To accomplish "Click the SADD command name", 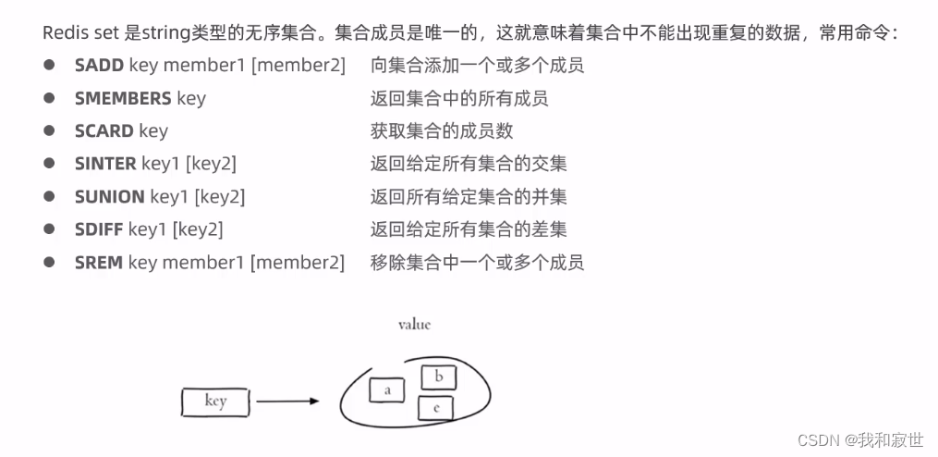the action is click(x=99, y=66).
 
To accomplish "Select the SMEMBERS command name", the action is click(x=123, y=98).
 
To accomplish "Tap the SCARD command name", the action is click(x=104, y=131).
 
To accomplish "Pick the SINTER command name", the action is click(x=105, y=164).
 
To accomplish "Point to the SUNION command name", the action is click(x=109, y=197).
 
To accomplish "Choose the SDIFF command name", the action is click(x=99, y=229).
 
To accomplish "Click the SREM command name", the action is click(x=99, y=263).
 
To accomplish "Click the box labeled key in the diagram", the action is click(x=215, y=401).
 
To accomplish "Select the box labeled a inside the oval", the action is click(x=387, y=390).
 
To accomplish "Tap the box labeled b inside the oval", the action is click(x=439, y=377).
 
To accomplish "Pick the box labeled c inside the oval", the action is click(x=435, y=407).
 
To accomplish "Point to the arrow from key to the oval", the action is click(x=287, y=401).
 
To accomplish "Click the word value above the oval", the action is click(x=414, y=325).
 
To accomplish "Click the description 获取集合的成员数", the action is click(x=441, y=131).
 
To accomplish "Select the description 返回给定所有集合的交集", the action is click(x=469, y=164).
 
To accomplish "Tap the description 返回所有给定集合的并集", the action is click(x=469, y=197).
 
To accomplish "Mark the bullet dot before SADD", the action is click(x=48, y=66).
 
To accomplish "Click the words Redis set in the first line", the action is click(x=81, y=33).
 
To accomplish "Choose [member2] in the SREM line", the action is click(x=298, y=263).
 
